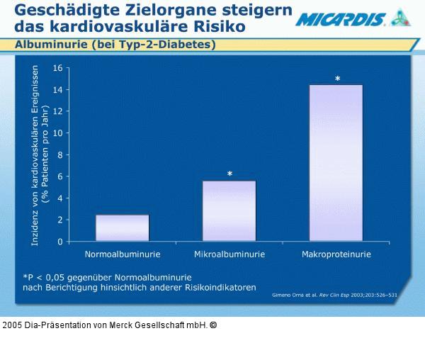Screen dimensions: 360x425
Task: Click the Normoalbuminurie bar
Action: [x=122, y=227]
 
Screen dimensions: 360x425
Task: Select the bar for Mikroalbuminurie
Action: [x=229, y=211]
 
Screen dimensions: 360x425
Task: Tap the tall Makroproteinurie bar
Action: [x=336, y=163]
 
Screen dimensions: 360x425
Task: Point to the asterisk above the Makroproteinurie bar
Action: [x=337, y=79]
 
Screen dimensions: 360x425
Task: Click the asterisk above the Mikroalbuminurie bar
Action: [x=229, y=174]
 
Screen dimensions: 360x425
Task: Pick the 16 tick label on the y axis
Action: [x=57, y=68]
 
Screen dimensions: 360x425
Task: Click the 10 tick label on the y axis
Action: [x=57, y=133]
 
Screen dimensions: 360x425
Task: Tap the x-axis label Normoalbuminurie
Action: [x=123, y=254]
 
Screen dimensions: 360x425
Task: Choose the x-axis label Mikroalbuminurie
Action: [x=229, y=254]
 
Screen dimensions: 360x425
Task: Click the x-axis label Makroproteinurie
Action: [x=336, y=254]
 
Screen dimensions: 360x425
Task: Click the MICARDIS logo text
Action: [x=340, y=20]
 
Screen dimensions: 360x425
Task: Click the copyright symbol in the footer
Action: [x=213, y=325]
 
